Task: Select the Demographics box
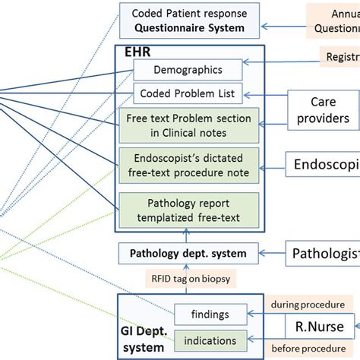pyautogui.click(x=188, y=70)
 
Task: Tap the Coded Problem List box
pyautogui.click(x=188, y=94)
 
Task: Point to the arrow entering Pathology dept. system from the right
pyautogui.click(x=273, y=252)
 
